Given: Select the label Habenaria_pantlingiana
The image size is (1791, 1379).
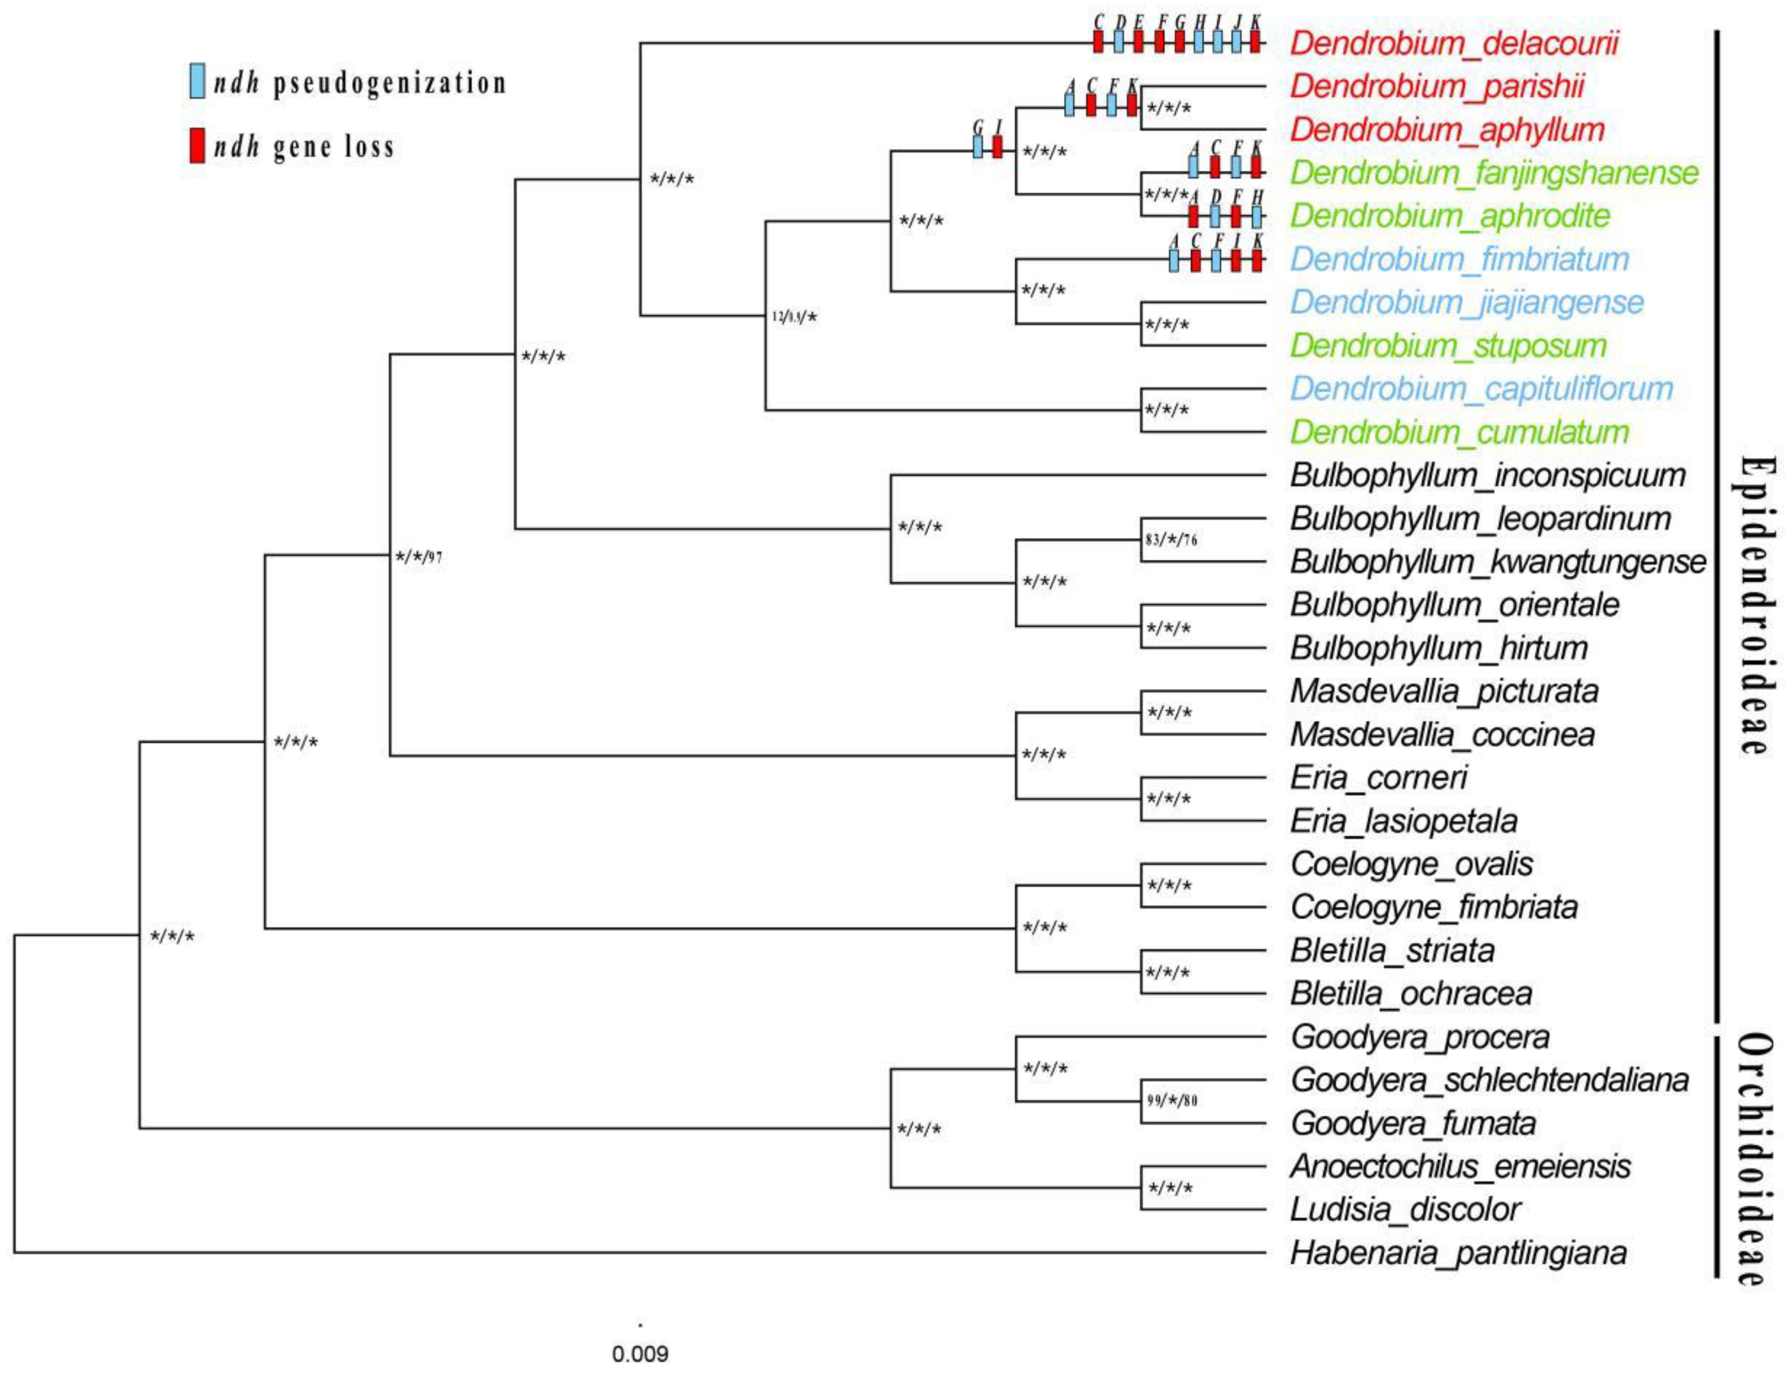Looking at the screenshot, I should pyautogui.click(x=1458, y=1253).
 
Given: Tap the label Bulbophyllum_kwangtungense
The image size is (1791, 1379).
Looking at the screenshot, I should pyautogui.click(x=1497, y=562).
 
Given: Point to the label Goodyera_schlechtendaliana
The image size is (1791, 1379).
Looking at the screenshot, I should pyautogui.click(x=1489, y=1080).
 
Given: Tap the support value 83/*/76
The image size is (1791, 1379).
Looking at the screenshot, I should pyautogui.click(x=1171, y=541).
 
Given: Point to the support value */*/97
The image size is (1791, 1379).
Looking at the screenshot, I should pyautogui.click(x=418, y=558).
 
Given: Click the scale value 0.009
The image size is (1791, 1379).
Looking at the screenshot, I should pyautogui.click(x=640, y=1353).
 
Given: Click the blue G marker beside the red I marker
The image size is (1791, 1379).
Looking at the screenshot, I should pyautogui.click(x=978, y=147).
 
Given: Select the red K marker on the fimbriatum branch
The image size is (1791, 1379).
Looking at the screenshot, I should pyautogui.click(x=1256, y=260).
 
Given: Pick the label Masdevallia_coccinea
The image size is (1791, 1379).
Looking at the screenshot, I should pyautogui.click(x=1442, y=735).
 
